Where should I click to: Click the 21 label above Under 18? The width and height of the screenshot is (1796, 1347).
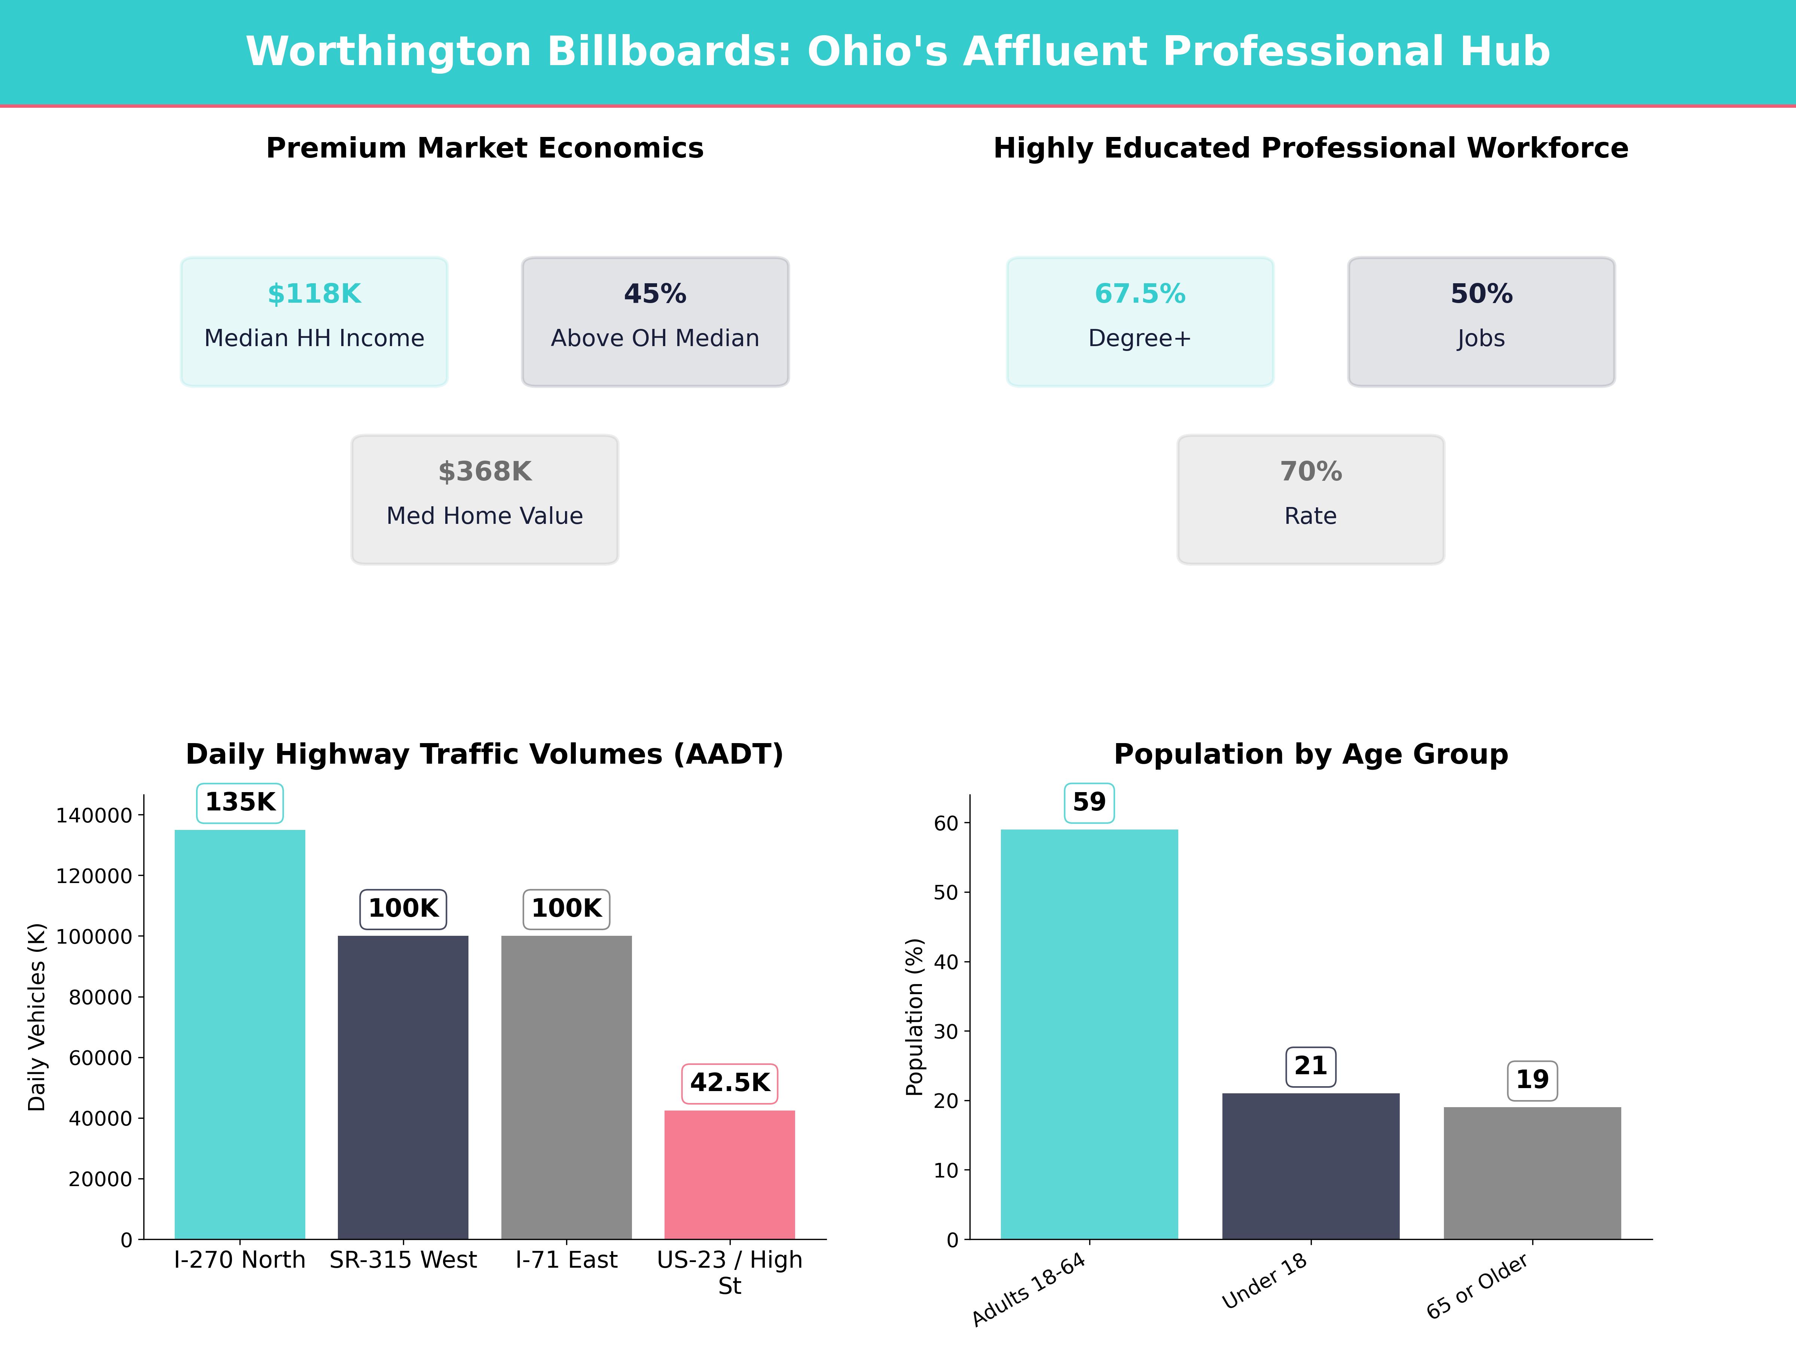coord(1310,1066)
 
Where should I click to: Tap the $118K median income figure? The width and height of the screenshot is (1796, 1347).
coord(314,294)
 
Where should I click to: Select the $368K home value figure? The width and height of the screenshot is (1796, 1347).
coord(485,472)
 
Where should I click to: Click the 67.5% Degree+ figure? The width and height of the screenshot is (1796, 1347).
coord(1140,294)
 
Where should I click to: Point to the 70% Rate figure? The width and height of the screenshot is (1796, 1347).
coord(1310,472)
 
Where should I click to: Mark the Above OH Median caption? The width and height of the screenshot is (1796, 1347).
coord(655,339)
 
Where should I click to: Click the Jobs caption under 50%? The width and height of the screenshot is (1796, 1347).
coord(1481,339)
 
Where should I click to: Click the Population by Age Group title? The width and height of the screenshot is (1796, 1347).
coord(1310,754)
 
